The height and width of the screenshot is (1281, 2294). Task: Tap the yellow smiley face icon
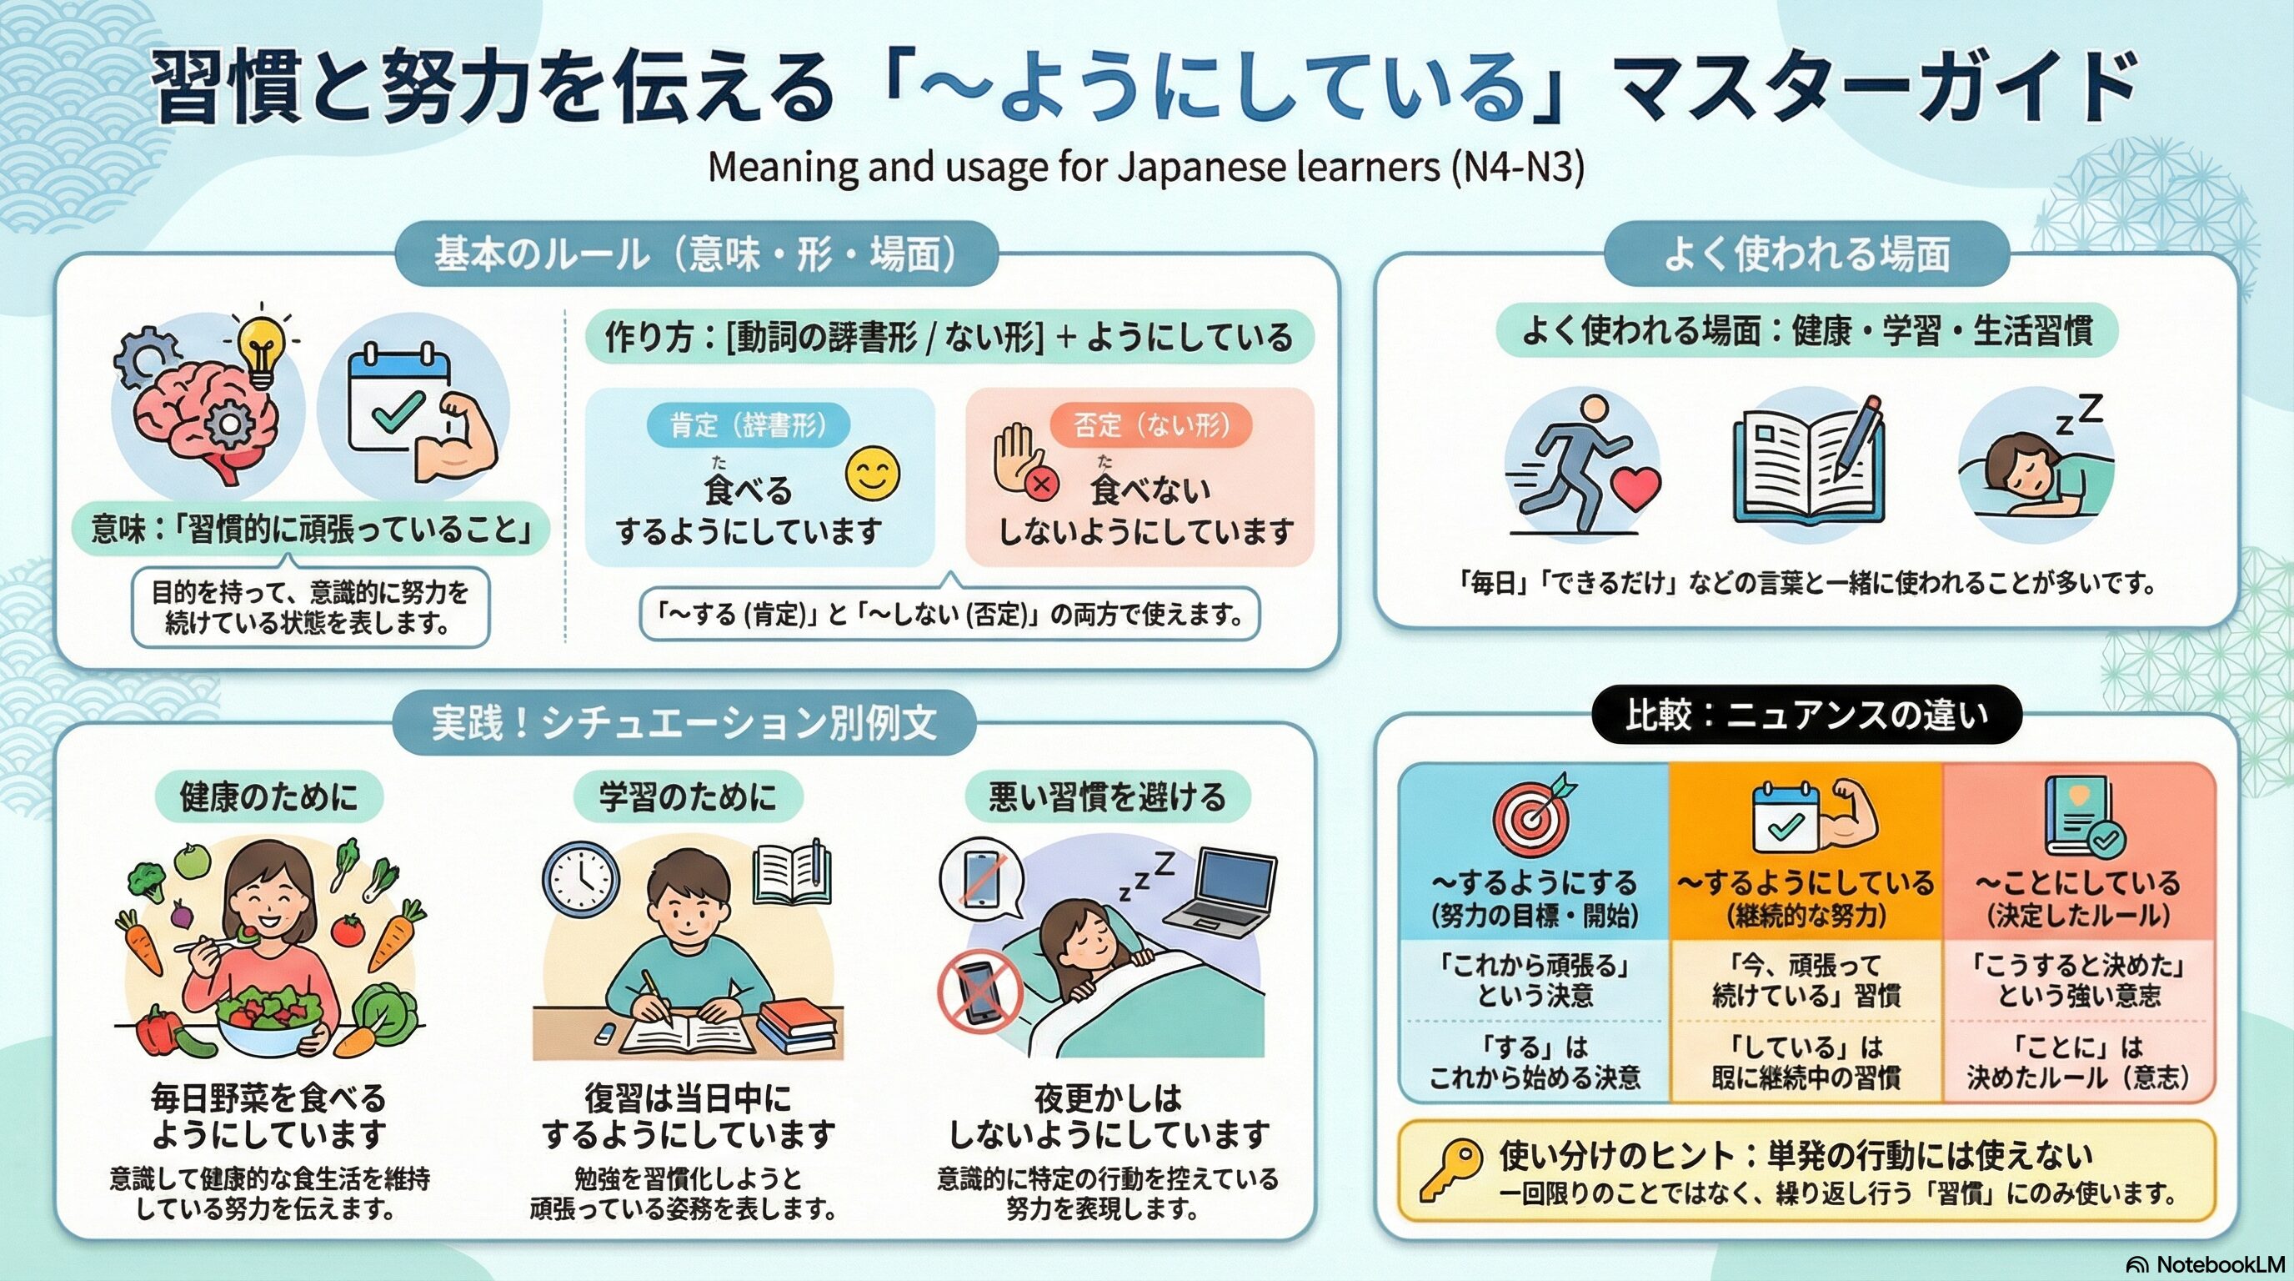click(x=873, y=474)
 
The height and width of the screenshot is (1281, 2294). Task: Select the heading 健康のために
click(x=269, y=796)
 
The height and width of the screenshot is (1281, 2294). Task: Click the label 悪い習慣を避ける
click(x=1108, y=796)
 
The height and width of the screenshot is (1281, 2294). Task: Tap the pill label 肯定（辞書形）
click(x=748, y=426)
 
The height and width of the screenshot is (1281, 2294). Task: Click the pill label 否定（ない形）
click(x=1151, y=426)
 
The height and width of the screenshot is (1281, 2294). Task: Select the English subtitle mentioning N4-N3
click(x=1146, y=168)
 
